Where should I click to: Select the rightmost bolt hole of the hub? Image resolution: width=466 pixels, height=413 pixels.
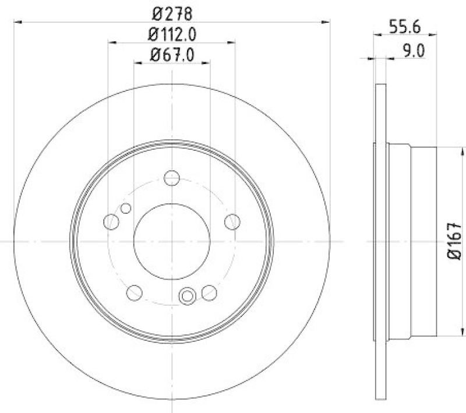pos(232,221)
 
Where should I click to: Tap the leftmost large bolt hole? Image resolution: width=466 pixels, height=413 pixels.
pos(111,221)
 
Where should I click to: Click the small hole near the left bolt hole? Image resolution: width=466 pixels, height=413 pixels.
pos(125,208)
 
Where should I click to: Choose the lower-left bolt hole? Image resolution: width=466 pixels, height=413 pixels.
pos(134,292)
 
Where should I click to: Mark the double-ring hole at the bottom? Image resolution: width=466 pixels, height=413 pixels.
pos(188,296)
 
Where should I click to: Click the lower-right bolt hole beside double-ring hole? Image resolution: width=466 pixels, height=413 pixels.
pos(209,292)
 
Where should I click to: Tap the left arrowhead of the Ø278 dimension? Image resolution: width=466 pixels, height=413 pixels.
pos(17,22)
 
